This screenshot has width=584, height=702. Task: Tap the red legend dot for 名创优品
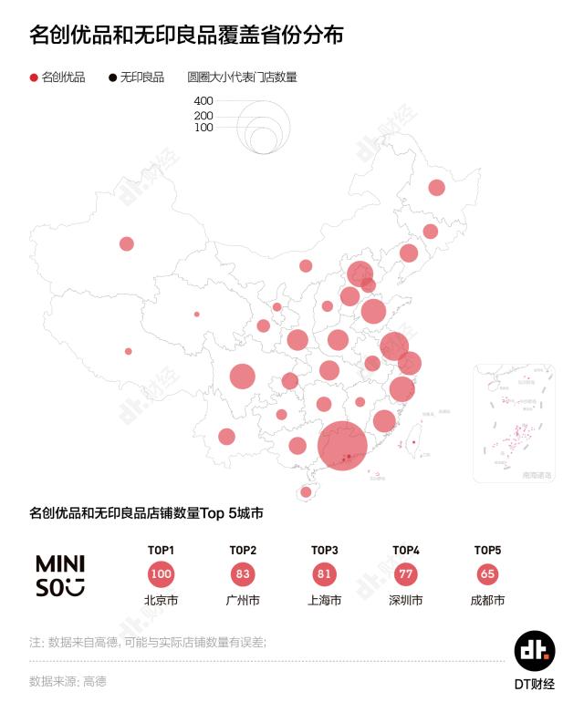tap(34, 77)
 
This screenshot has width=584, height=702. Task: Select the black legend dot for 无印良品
tap(113, 77)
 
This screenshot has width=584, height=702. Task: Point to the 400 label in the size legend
tap(203, 101)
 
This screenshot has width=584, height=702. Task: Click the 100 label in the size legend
tap(203, 128)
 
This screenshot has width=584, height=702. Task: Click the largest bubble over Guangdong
tap(342, 445)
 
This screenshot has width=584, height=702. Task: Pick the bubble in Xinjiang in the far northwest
tap(127, 243)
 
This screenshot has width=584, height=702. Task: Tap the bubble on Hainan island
tap(306, 492)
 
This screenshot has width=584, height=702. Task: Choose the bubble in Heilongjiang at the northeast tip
tap(436, 188)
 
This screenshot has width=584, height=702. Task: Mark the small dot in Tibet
tap(128, 351)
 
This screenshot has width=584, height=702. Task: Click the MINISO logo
tap(60, 575)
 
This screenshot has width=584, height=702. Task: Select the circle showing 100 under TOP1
tap(161, 574)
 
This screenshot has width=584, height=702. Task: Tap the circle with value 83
tap(243, 574)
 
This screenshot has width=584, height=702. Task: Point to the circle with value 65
tap(488, 574)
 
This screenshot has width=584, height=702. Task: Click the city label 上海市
tap(325, 601)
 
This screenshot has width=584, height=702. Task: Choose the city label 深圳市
tap(406, 601)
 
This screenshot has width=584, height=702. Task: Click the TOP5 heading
tap(488, 550)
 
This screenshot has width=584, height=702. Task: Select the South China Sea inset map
tap(514, 423)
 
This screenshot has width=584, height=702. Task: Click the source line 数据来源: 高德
tap(68, 681)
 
